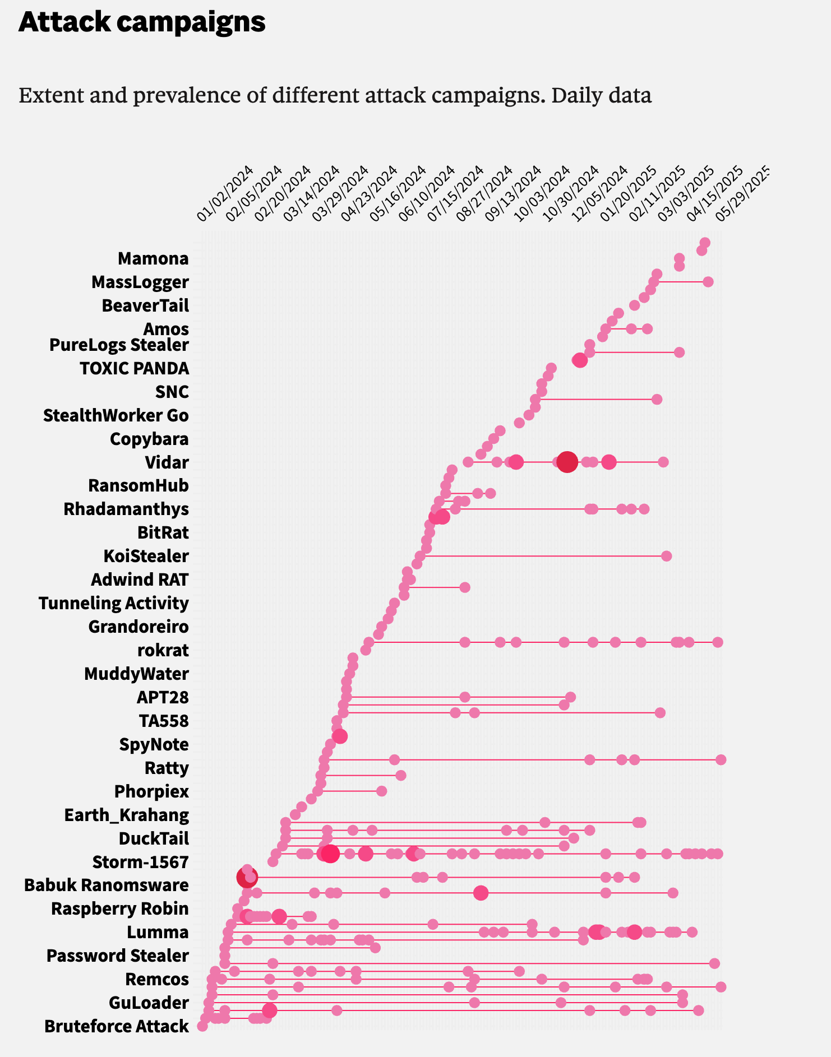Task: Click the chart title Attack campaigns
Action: click(x=142, y=22)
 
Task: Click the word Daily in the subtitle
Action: click(x=579, y=95)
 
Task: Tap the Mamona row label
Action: click(x=153, y=258)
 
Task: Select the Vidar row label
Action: click(x=167, y=462)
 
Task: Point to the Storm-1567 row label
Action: click(x=140, y=861)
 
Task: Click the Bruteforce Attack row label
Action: click(x=117, y=1026)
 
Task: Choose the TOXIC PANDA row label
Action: click(x=134, y=368)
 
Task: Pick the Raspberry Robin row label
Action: click(x=119, y=908)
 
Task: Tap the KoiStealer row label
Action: click(x=146, y=556)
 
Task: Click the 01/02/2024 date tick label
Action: click(x=225, y=194)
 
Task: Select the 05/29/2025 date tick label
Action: click(x=743, y=194)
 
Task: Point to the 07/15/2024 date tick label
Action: click(x=456, y=194)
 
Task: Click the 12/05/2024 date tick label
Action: click(x=599, y=194)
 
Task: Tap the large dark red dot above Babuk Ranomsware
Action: click(x=247, y=877)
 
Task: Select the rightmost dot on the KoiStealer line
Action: click(x=666, y=556)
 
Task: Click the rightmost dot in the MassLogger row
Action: click(x=708, y=281)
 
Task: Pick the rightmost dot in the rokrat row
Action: click(x=717, y=642)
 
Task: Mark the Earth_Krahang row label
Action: click(x=126, y=815)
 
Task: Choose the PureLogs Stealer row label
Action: click(x=119, y=345)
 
